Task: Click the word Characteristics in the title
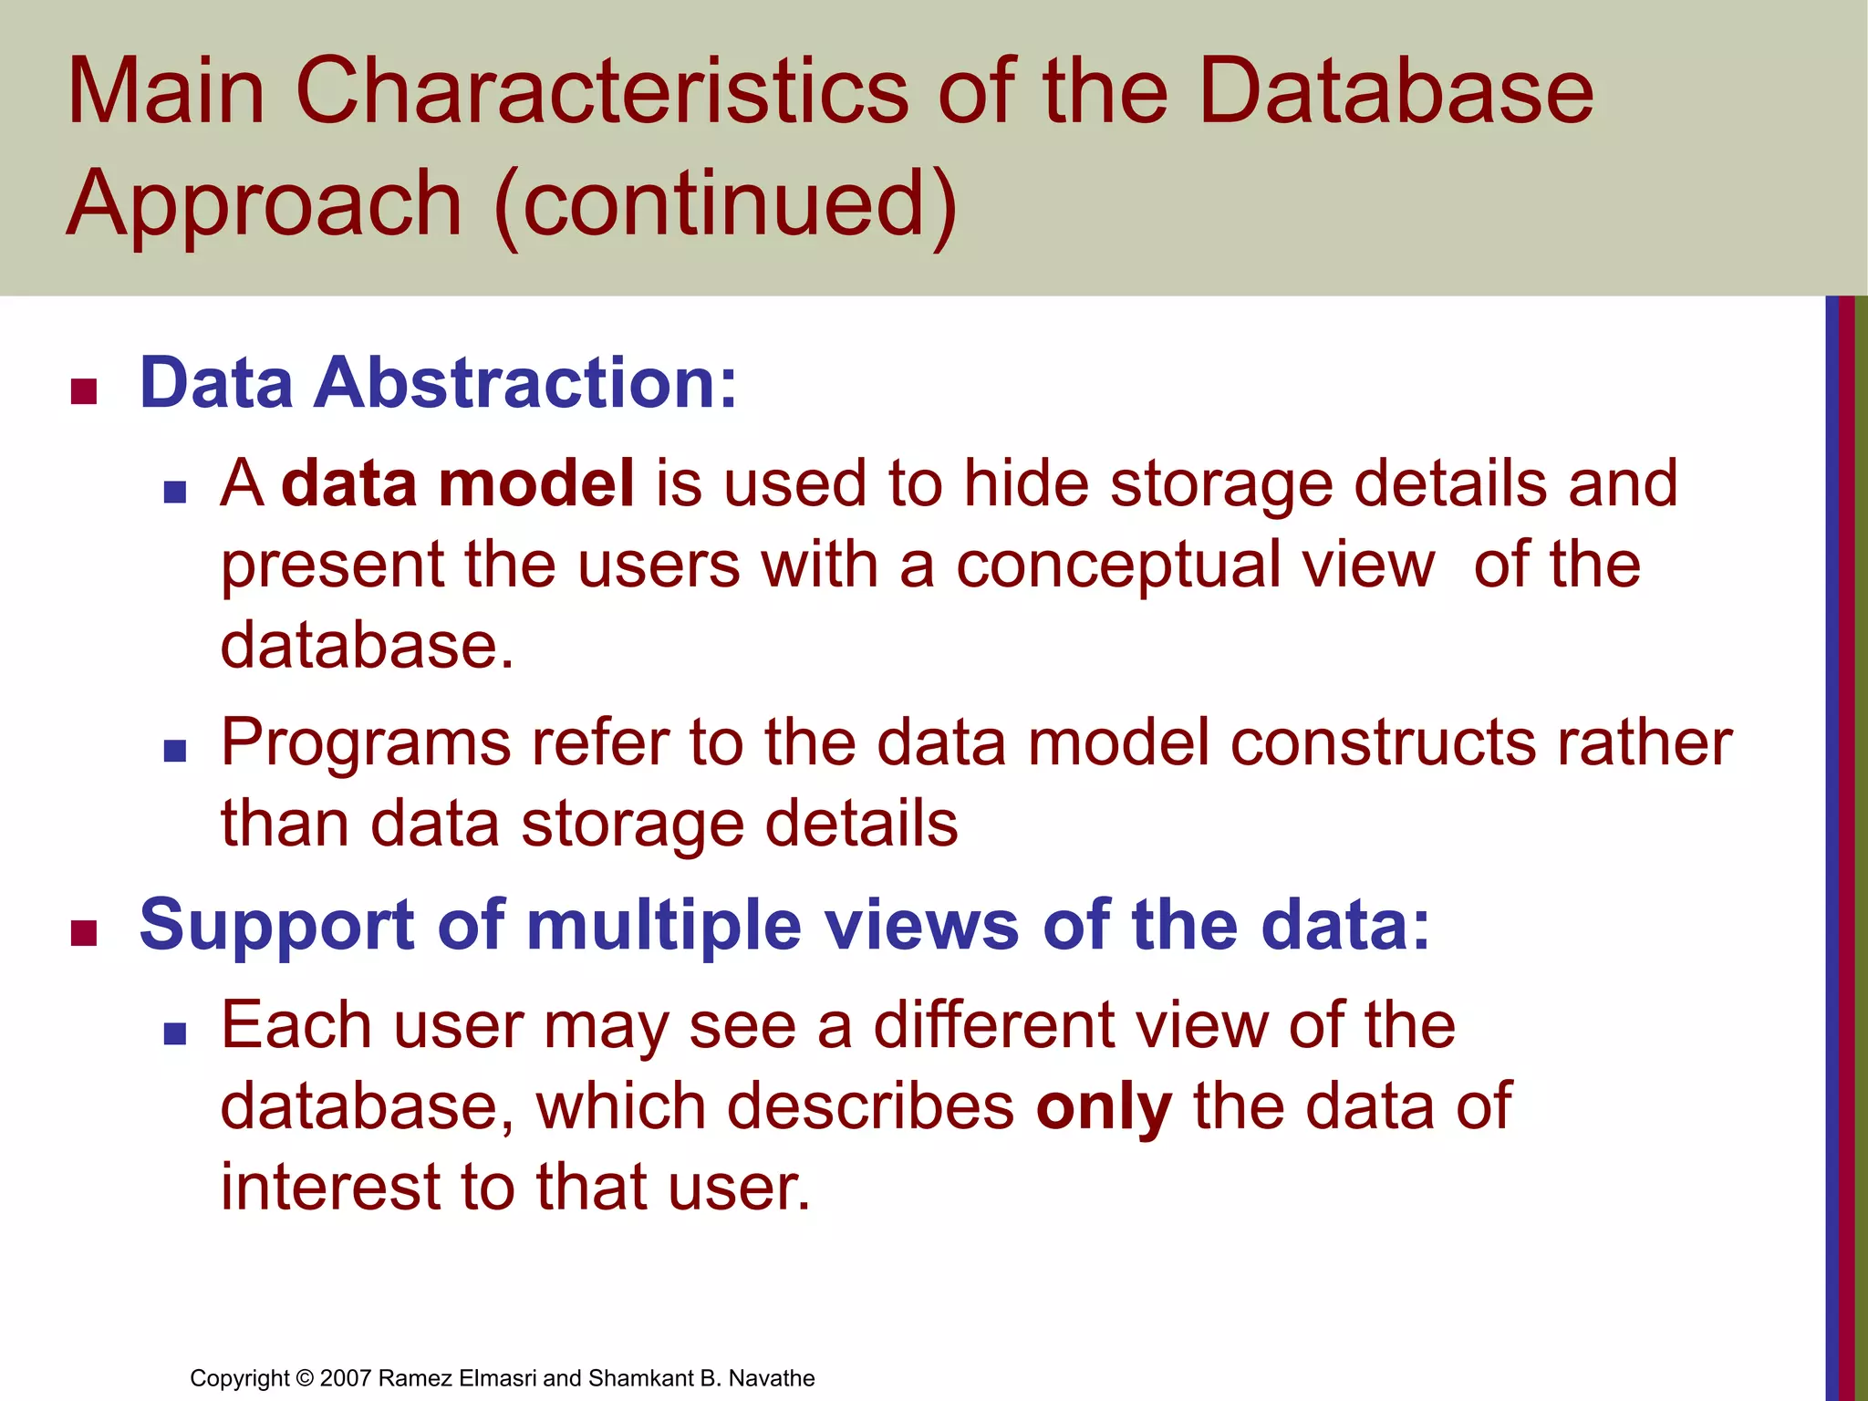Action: click(602, 91)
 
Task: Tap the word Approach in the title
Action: click(265, 204)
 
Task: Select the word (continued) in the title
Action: click(726, 204)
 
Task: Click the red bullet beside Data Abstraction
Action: click(84, 391)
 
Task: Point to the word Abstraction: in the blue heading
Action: click(525, 383)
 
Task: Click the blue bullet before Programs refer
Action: click(174, 751)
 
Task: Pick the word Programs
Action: click(366, 743)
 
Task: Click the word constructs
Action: click(1383, 743)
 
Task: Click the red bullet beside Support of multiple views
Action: click(84, 933)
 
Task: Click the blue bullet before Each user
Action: click(174, 1033)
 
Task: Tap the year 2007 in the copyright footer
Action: click(346, 1378)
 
